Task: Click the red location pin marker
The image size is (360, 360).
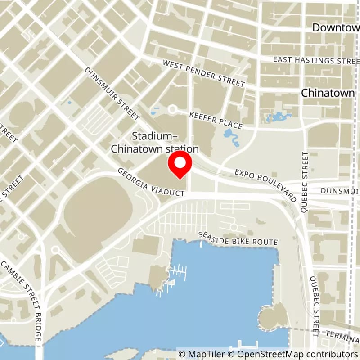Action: pyautogui.click(x=180, y=165)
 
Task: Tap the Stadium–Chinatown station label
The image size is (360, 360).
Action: pyautogui.click(x=155, y=142)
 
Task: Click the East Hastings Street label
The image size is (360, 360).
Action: pyautogui.click(x=316, y=60)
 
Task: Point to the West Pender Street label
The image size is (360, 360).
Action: pyautogui.click(x=204, y=74)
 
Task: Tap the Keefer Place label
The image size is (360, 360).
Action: pyautogui.click(x=216, y=121)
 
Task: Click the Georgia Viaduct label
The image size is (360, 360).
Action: pyautogui.click(x=151, y=182)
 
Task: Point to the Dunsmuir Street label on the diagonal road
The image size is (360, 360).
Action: pyautogui.click(x=112, y=94)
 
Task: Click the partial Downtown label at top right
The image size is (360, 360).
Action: pyautogui.click(x=336, y=27)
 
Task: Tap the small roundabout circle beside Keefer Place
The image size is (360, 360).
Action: pyautogui.click(x=172, y=109)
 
